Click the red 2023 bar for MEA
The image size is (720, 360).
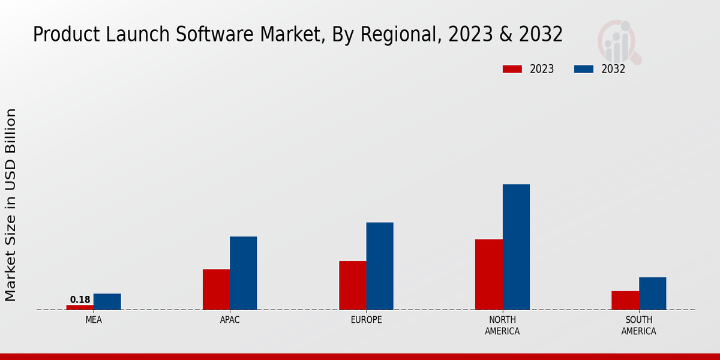coord(80,307)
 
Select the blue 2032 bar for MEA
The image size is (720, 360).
coord(107,302)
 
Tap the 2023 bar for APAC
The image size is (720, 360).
coord(216,289)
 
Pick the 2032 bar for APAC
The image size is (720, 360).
coord(244,273)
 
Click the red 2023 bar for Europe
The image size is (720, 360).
coord(353,285)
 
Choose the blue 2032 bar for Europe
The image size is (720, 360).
coord(380,266)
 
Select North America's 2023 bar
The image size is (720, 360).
coord(489,274)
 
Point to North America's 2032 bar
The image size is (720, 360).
coord(516,247)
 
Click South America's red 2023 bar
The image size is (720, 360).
coord(625,300)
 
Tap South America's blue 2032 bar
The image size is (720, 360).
coord(653,293)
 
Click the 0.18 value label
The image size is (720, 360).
coord(80,299)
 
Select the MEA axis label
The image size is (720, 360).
coord(94,320)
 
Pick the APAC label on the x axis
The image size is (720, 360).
coord(230,320)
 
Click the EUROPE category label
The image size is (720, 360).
coord(366,320)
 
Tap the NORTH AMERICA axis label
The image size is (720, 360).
coord(502,325)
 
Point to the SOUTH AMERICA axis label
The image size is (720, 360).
coord(638,325)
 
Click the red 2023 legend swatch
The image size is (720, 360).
coord(512,69)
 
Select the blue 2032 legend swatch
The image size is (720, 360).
coord(584,69)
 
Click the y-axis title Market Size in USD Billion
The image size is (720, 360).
coord(11,205)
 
